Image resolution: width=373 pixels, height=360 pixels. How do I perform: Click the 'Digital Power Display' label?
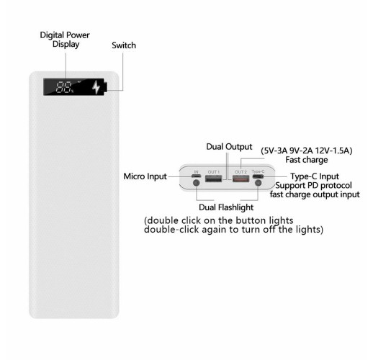[x=65, y=40]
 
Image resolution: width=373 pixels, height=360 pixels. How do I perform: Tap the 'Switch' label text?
[x=124, y=45]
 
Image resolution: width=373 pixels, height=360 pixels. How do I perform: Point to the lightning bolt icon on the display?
[x=96, y=87]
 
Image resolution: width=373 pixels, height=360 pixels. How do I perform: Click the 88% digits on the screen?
[x=65, y=87]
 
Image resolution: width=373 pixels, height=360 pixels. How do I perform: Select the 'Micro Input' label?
[x=145, y=176]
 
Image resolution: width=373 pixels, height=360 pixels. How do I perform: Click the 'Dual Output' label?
[x=229, y=147]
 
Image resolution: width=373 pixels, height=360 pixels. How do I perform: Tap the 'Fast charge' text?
[x=307, y=160]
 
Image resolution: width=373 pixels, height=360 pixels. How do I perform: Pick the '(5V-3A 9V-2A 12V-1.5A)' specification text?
[x=307, y=150]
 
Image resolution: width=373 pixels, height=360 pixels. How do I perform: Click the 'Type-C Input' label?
[x=315, y=176]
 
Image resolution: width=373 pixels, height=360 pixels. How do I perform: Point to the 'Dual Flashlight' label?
[x=226, y=207]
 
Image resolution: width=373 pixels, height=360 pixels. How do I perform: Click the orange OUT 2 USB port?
[x=241, y=179]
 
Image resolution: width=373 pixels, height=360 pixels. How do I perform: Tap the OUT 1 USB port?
[x=214, y=179]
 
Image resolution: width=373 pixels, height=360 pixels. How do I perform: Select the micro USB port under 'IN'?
[x=197, y=176]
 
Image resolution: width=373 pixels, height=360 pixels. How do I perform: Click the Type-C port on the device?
[x=258, y=176]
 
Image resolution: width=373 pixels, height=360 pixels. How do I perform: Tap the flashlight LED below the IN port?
[x=197, y=183]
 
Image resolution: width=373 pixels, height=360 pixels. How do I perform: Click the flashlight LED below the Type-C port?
[x=258, y=183]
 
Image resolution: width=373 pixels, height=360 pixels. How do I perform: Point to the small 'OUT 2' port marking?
[x=241, y=172]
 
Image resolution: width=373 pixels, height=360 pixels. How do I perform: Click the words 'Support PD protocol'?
[x=313, y=186]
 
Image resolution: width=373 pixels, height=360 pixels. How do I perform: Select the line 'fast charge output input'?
[x=315, y=194]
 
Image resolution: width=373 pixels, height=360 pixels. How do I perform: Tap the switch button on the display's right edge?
[x=106, y=86]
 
